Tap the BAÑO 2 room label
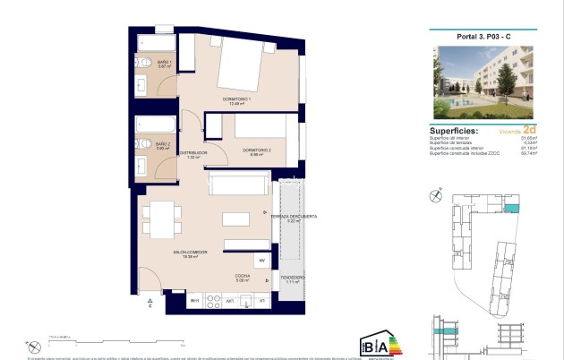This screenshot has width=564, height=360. click(163, 146)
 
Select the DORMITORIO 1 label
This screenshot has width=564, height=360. click(237, 101)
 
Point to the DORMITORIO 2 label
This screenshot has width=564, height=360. click(255, 151)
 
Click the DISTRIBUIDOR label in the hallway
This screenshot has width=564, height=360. click(192, 155)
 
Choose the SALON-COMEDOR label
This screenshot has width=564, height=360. click(190, 254)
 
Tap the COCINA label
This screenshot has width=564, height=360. click(242, 278)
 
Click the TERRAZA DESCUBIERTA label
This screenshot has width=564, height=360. click(295, 219)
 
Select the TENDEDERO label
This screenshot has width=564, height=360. click(291, 279)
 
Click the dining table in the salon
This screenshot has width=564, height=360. click(163, 217)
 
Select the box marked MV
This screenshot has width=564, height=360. click(262, 261)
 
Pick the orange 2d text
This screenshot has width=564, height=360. click(529, 129)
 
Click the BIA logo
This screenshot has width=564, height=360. click(374, 343)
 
